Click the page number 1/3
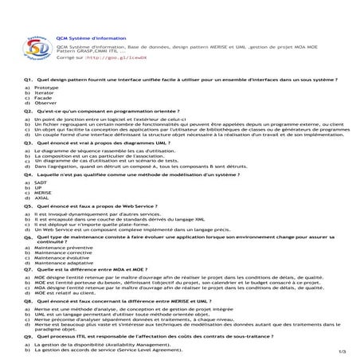[341, 351]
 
